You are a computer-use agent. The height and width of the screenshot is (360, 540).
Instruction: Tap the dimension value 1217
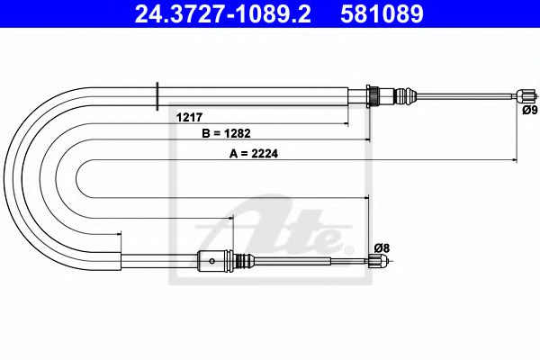188,116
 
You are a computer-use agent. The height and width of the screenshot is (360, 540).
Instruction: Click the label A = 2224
255,153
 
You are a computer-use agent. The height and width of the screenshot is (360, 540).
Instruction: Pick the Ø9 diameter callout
529,111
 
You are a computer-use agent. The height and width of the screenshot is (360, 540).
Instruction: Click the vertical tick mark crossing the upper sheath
157,94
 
